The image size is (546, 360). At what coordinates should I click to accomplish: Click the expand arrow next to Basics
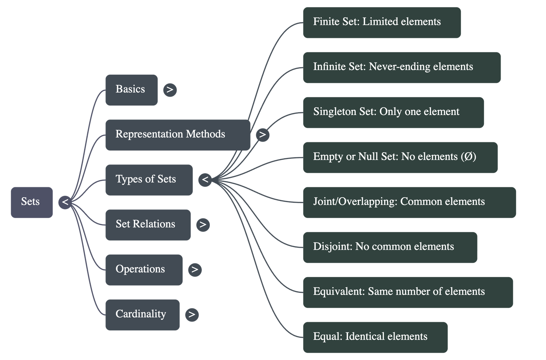tap(170, 90)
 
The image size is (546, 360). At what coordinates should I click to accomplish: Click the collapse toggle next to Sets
tap(65, 202)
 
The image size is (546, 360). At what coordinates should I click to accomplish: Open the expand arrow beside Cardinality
tap(192, 314)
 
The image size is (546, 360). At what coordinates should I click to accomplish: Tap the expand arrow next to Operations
tap(195, 270)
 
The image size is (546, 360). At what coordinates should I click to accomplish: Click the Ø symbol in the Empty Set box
tap(468, 157)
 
